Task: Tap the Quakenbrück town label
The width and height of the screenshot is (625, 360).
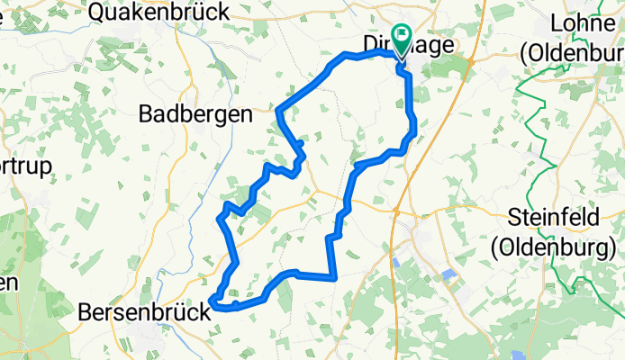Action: click(160, 12)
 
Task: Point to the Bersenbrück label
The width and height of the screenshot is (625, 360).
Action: click(145, 312)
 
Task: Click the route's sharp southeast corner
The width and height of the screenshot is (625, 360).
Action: click(334, 277)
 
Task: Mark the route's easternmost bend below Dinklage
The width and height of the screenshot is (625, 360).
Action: click(414, 132)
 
